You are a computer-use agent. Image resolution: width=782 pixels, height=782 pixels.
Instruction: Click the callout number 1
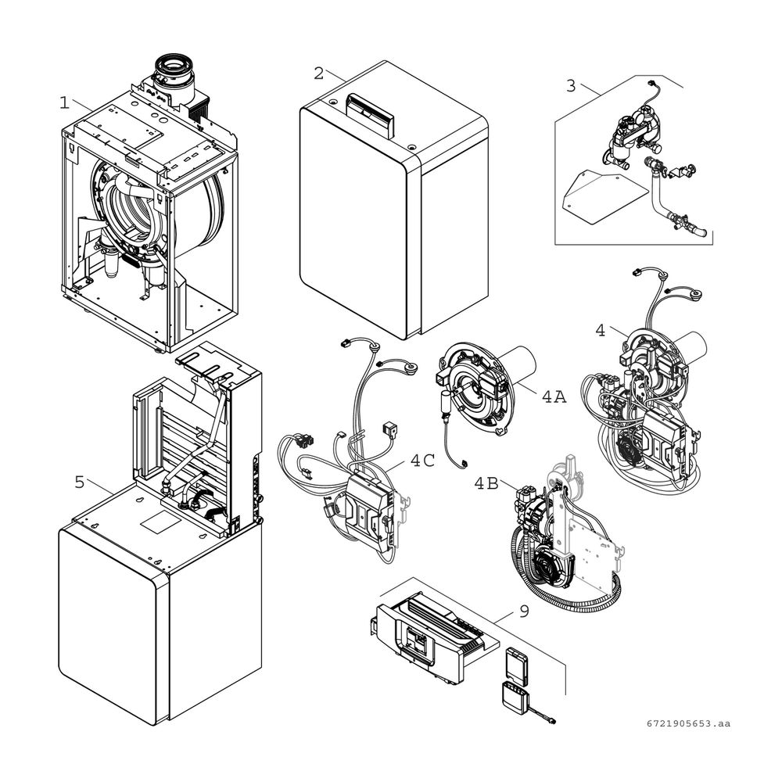(x=64, y=102)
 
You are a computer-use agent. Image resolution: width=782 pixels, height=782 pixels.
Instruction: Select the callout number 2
(x=318, y=74)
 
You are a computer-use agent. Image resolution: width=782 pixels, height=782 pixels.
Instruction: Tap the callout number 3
(x=571, y=85)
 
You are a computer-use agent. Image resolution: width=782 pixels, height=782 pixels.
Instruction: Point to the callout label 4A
(x=554, y=396)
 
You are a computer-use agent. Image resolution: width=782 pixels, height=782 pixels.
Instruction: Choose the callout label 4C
(x=422, y=461)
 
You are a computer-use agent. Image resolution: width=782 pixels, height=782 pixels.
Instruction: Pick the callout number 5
(x=79, y=482)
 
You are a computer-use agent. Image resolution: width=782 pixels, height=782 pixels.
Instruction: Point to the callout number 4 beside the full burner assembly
(x=600, y=331)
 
